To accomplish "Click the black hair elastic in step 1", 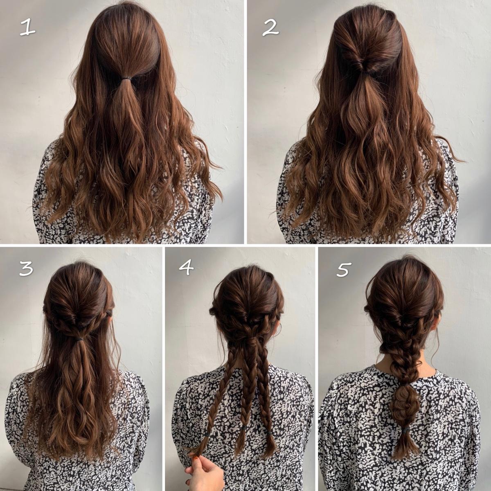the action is click(128, 77).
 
